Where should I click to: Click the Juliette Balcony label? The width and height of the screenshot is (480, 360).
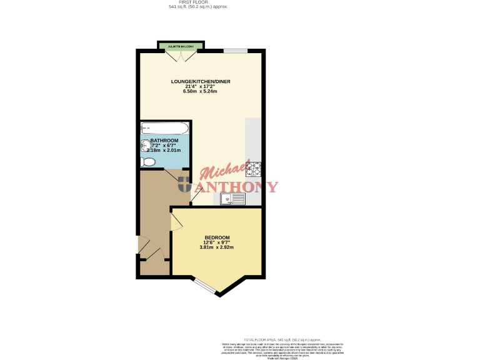pos(181,47)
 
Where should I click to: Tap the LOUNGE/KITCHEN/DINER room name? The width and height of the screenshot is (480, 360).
pos(197,81)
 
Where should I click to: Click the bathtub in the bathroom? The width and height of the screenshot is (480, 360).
pos(164,129)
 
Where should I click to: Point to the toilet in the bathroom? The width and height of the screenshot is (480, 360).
pos(148,162)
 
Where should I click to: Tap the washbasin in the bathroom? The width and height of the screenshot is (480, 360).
pos(146,145)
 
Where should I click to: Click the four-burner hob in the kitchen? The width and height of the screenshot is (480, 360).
pos(254,168)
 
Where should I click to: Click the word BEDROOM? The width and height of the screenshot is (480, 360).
pos(217,237)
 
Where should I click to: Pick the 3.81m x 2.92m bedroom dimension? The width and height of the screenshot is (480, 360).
pos(217,247)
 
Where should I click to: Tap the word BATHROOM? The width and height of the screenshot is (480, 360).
pos(164,141)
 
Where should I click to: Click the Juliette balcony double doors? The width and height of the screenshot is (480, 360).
pos(180,56)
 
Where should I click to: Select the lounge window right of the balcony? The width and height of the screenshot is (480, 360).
pos(236,51)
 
